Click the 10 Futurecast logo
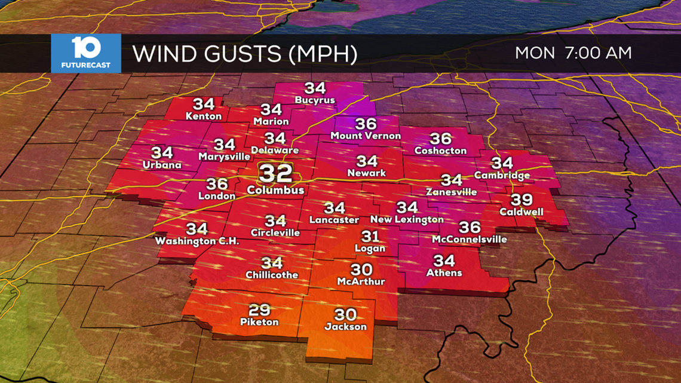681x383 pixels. (x=86, y=53)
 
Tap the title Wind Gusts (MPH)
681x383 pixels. (x=245, y=53)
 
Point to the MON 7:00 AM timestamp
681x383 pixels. (x=573, y=53)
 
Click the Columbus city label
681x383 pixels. (x=275, y=190)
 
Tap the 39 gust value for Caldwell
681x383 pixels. (x=521, y=200)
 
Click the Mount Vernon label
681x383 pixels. (x=366, y=136)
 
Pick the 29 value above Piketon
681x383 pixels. (x=259, y=310)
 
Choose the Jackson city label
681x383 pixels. (x=345, y=326)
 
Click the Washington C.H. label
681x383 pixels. (x=197, y=241)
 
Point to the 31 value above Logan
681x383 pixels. (x=370, y=237)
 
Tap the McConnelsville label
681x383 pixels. (x=470, y=239)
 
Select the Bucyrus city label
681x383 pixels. (x=315, y=100)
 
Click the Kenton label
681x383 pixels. (x=204, y=115)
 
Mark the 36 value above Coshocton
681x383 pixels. (x=440, y=139)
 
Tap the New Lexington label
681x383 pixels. (x=407, y=219)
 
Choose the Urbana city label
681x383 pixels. (x=162, y=164)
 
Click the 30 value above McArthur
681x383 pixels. (x=361, y=269)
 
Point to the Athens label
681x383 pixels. (x=444, y=272)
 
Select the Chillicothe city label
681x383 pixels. (x=272, y=275)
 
